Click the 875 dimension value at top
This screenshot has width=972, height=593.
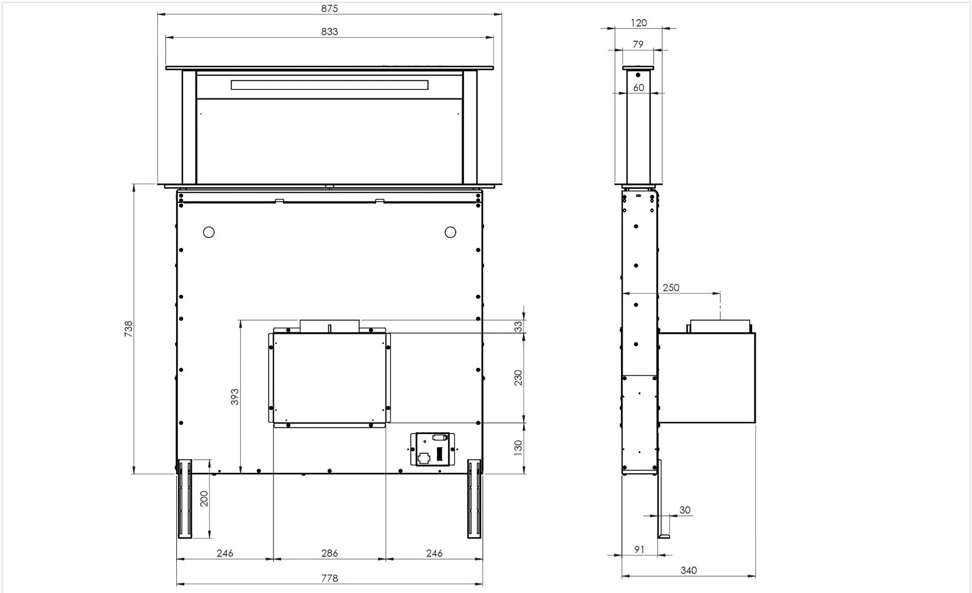coord(329,8)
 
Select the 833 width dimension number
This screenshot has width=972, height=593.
coord(329,31)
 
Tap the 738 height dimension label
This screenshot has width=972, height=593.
coord(128,328)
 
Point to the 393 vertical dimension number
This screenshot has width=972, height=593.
coord(235,397)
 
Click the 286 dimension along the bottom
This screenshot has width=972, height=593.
coord(329,553)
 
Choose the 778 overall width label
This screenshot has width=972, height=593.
coord(329,578)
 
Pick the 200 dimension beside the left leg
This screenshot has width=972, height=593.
coord(204,498)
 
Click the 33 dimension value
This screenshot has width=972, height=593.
coord(518,327)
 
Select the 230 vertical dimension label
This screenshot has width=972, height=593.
coord(518,378)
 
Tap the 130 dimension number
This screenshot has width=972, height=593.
coord(518,447)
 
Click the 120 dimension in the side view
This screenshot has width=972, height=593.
coord(639,23)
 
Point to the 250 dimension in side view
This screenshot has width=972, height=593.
coord(671,287)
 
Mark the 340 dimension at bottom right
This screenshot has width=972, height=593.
coord(688,570)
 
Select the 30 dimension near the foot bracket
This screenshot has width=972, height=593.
coord(685,510)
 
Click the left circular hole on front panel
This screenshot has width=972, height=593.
coord(209,232)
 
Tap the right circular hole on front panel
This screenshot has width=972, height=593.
coord(450,232)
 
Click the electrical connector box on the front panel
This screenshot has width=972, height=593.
coord(432,449)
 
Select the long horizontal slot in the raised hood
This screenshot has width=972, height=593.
coord(329,85)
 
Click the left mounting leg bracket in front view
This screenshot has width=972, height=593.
coord(185,498)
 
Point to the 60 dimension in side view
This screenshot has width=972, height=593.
coord(638,87)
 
